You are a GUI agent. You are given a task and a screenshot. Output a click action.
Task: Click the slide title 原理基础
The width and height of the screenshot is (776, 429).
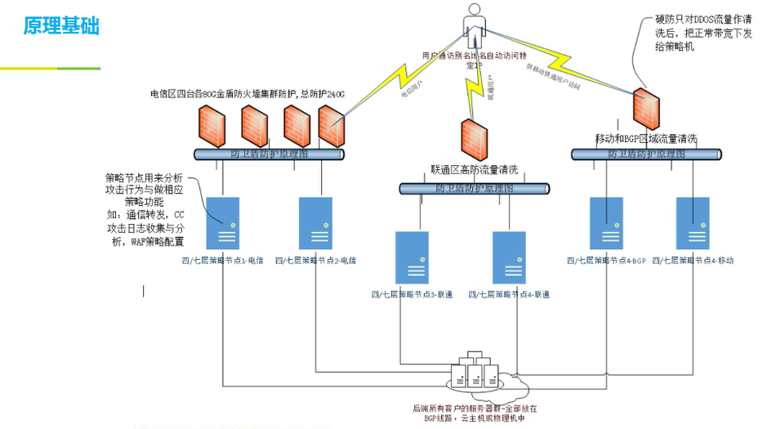click(61, 26)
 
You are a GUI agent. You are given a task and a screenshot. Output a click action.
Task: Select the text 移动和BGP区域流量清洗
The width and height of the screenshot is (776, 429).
click(646, 138)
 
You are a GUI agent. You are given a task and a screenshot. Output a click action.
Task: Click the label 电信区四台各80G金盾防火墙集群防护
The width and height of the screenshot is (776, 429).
click(248, 95)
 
